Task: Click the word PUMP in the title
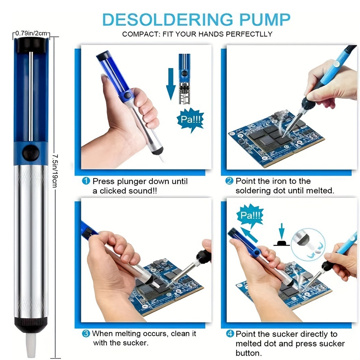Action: coord(265,19)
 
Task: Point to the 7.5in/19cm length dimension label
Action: coord(55,171)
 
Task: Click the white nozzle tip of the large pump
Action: coord(31,345)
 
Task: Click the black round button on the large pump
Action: coord(31,152)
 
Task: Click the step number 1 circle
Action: coord(86,181)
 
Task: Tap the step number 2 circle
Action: coord(229,181)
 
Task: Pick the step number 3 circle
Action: coord(86,333)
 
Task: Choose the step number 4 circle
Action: coord(230,334)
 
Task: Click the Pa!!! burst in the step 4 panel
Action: coord(250,215)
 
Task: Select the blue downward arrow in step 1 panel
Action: coord(171,84)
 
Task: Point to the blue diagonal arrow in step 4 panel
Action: coord(249,234)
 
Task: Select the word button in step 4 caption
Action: coord(249,353)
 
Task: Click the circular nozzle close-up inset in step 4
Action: coord(308,244)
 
